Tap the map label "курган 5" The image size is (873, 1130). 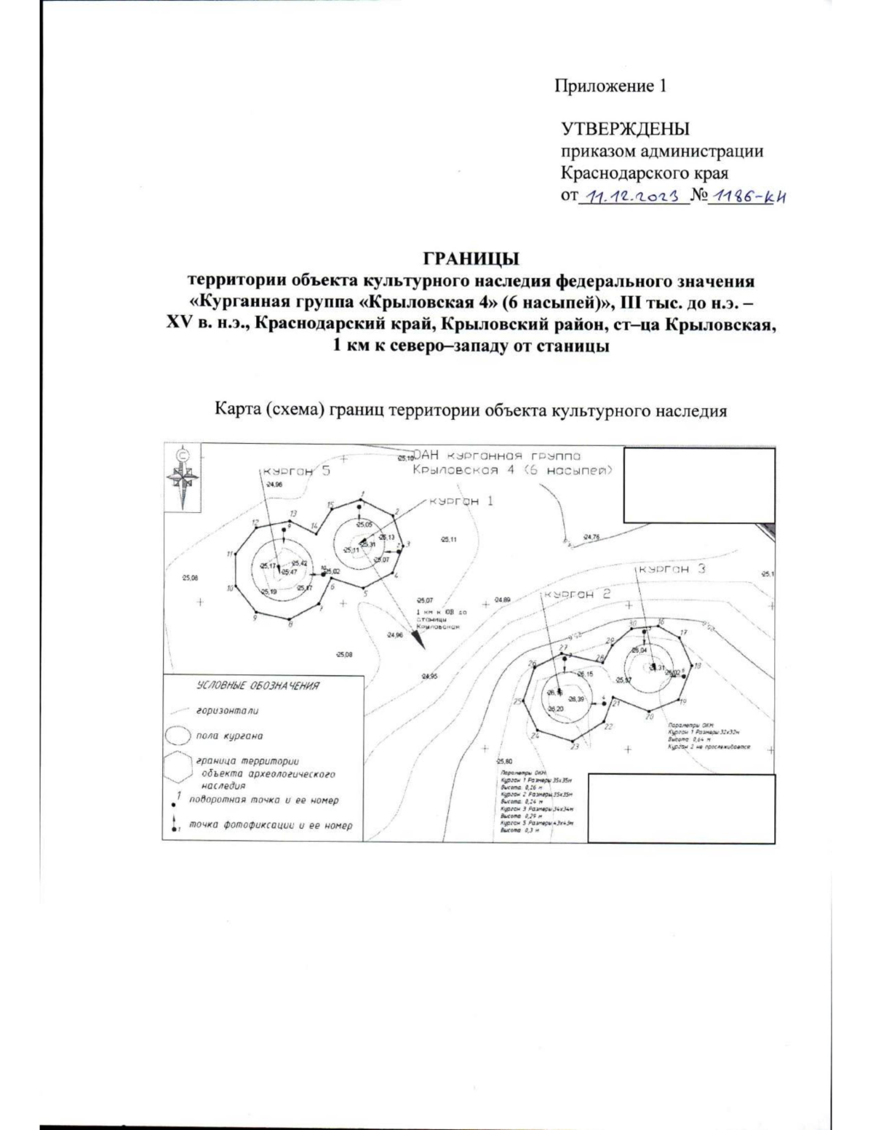tap(297, 471)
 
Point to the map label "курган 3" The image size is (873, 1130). tap(672, 569)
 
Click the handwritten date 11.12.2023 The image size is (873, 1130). tap(633, 196)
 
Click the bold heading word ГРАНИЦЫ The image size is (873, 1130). tap(471, 259)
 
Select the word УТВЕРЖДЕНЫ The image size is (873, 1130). tap(625, 129)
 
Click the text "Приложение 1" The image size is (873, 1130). tap(610, 87)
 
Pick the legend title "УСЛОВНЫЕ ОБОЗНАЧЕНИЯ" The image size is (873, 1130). tap(258, 685)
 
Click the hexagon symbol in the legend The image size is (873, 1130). tap(178, 768)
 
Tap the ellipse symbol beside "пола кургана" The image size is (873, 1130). tap(178, 735)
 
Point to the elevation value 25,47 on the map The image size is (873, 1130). tap(288, 572)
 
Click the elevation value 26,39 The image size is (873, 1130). tap(575, 699)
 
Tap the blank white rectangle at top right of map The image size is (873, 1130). tap(699, 485)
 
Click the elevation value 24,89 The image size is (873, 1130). tap(502, 600)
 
